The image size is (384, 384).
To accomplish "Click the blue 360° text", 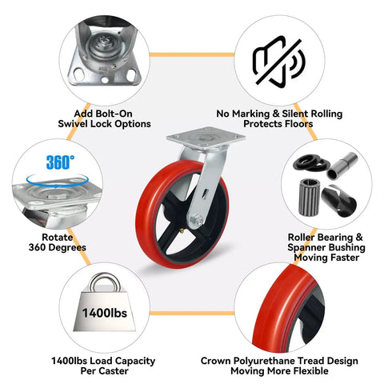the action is pos(60,162).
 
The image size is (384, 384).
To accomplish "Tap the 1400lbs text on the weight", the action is pos(105,313).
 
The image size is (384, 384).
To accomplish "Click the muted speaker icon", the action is pos(279,62).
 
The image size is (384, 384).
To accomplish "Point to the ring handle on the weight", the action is pos(105,282).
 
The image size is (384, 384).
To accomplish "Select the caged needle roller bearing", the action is pos(310,197).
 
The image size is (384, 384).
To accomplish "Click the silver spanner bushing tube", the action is pos(342,166).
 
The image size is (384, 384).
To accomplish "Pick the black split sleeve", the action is pos(339,201).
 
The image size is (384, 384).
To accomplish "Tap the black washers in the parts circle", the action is pos(311,163).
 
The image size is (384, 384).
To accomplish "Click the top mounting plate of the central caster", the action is pos(206,138).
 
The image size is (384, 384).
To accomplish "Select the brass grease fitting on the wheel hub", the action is pos(182,231).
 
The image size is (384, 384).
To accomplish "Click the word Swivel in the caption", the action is pos(74,124).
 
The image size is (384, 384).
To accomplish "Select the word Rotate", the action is pos(58,238).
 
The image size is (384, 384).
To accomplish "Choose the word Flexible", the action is pos(310,371).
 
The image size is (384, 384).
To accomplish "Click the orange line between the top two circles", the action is pos(192,55).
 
